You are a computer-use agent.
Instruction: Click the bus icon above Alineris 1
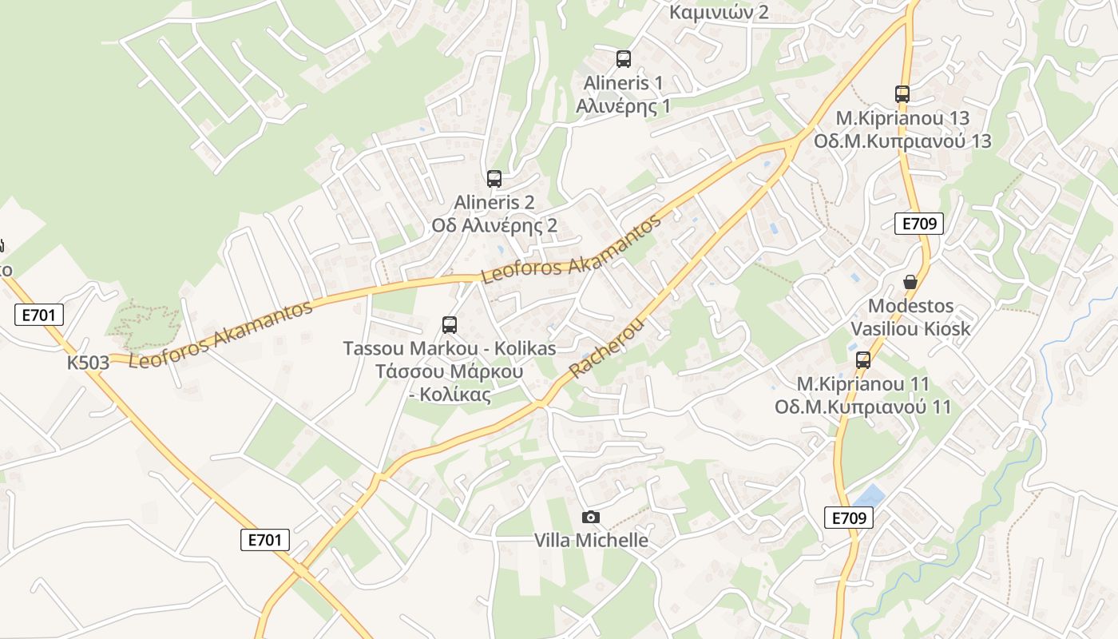point(624,58)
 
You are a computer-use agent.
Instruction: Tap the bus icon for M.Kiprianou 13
point(902,93)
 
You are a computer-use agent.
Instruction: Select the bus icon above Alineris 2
point(494,179)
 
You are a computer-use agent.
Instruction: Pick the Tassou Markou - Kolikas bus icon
point(450,325)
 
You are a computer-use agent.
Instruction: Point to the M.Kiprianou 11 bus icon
point(863,360)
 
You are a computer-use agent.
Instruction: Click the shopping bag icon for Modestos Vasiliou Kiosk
point(910,282)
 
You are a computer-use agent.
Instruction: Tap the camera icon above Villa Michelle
point(591,517)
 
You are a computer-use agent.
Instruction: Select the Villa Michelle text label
point(591,540)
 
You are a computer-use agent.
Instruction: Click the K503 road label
point(88,363)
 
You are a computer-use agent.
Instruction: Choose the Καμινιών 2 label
point(719,12)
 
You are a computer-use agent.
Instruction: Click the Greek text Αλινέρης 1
point(624,105)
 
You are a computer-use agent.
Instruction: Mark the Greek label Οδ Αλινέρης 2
point(494,225)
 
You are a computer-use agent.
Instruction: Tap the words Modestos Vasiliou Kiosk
point(910,317)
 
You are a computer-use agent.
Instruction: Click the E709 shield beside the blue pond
point(848,518)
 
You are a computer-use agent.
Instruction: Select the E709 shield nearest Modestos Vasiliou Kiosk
point(919,224)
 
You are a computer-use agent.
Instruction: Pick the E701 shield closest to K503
point(38,315)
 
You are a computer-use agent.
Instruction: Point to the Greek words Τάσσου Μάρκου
point(450,371)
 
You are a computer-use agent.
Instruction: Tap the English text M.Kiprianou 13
point(902,118)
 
